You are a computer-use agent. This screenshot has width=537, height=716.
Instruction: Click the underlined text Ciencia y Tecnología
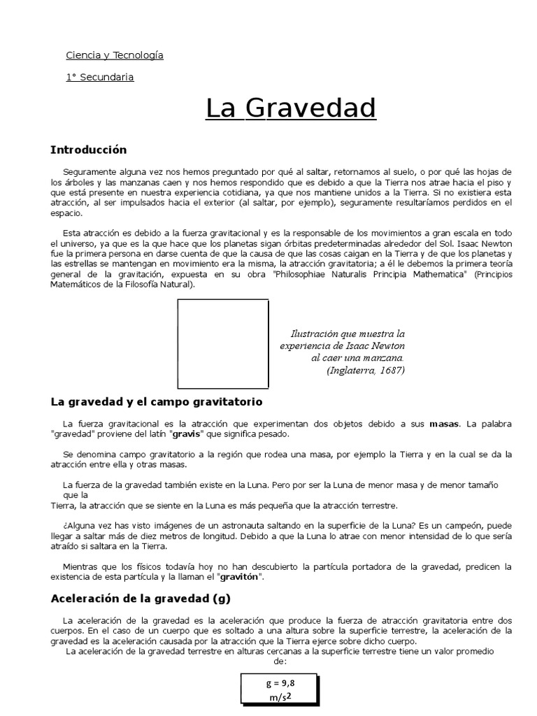pos(114,55)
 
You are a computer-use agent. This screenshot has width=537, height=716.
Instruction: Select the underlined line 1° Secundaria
pos(99,77)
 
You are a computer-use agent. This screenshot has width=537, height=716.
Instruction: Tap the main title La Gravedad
pos(290,109)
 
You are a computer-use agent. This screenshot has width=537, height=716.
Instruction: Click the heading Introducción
pos(89,150)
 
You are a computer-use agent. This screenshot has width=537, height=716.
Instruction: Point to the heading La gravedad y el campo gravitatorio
pos(157,402)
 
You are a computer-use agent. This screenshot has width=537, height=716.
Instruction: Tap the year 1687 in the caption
pos(389,370)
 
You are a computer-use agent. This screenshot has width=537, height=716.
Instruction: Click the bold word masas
pos(444,424)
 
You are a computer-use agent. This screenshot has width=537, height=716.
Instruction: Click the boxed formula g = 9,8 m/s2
pos(279,689)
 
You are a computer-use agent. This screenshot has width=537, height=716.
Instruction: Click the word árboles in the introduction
pos(80,183)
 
